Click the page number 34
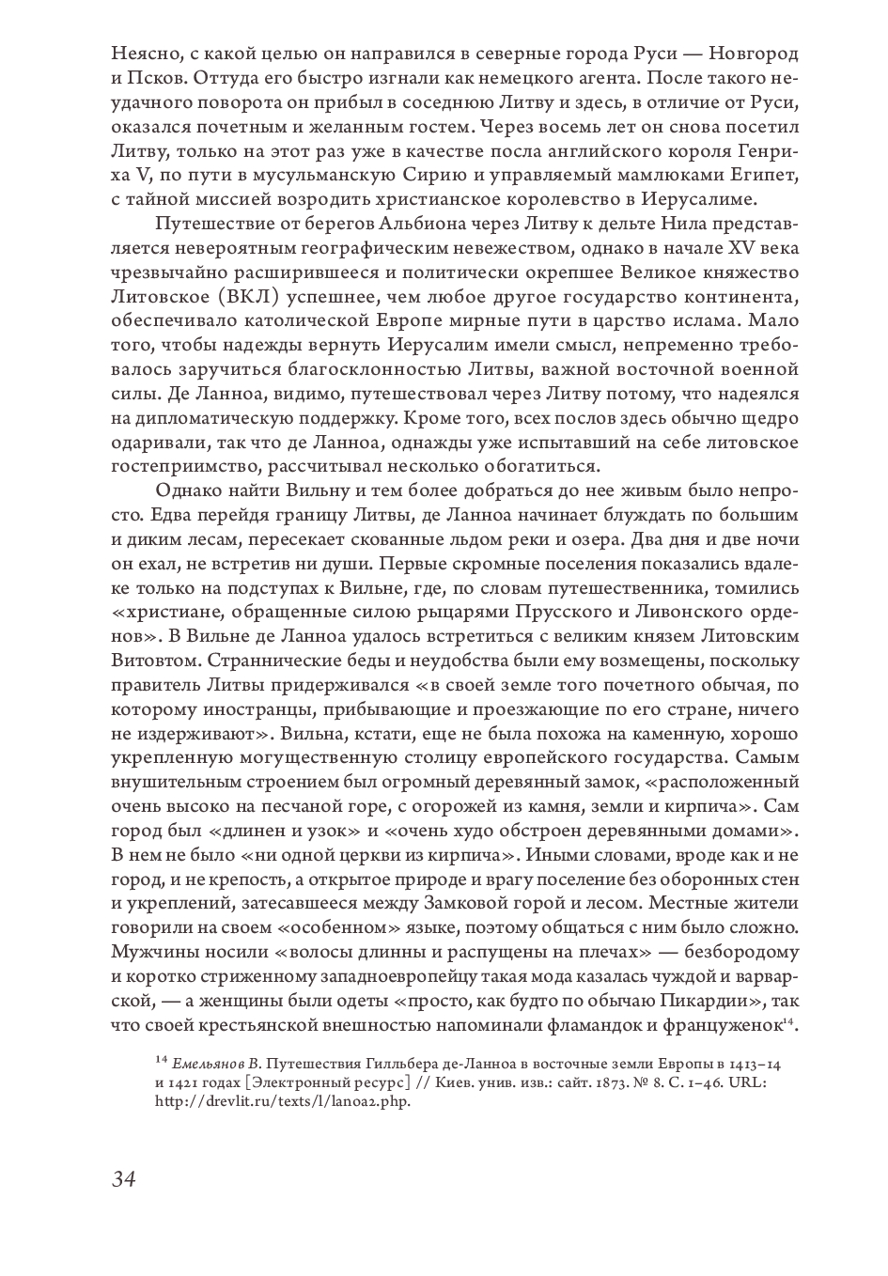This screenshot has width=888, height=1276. [123, 1178]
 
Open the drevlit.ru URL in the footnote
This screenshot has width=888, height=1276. [283, 1101]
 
